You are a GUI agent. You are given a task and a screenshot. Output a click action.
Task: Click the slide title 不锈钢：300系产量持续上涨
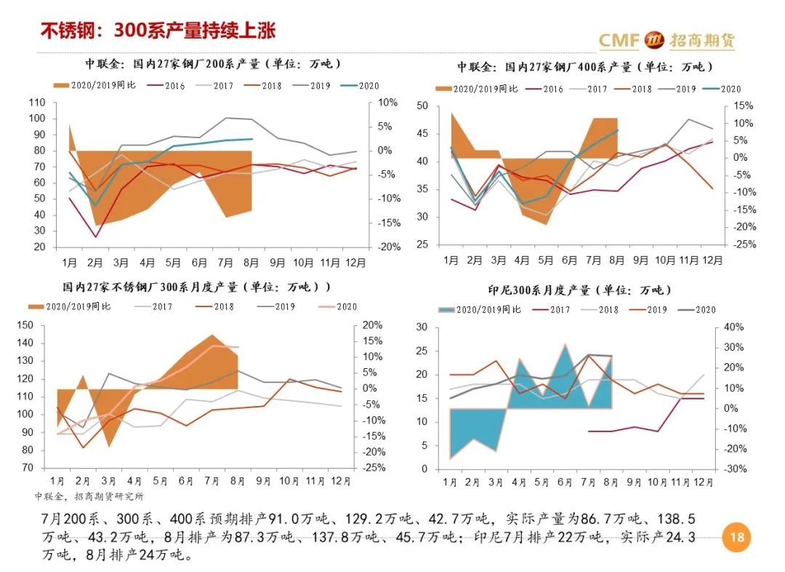158,31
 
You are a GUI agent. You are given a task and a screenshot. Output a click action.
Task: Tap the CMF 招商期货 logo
666,40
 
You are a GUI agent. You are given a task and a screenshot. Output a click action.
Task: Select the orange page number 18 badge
736,538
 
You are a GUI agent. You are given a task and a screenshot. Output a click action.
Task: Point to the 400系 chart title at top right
584,67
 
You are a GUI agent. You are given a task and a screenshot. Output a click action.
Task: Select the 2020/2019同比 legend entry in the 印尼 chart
480,309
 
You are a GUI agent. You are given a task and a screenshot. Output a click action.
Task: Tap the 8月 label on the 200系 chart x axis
252,261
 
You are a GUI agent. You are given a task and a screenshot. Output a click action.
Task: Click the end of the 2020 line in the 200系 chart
252,139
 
